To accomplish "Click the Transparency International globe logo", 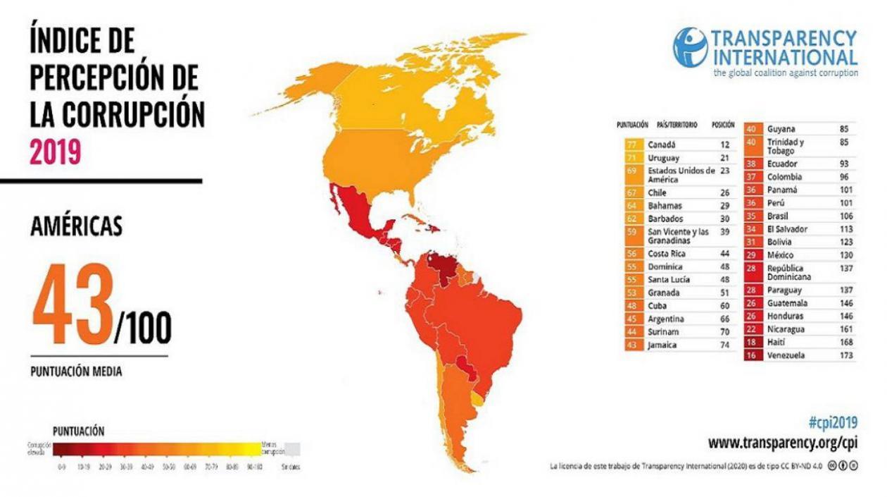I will (690, 47).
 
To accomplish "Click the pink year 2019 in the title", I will (55, 151).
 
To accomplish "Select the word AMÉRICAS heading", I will (76, 226).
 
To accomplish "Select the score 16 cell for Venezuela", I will (751, 355).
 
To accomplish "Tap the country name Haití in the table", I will (777, 342).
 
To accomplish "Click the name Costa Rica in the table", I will (668, 253).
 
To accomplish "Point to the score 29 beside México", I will (751, 254).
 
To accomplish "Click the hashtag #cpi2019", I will (833, 423).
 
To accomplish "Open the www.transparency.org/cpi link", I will (782, 443).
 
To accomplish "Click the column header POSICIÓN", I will (724, 125).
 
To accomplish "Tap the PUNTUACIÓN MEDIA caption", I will (76, 371).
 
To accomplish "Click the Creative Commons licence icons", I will (843, 467).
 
